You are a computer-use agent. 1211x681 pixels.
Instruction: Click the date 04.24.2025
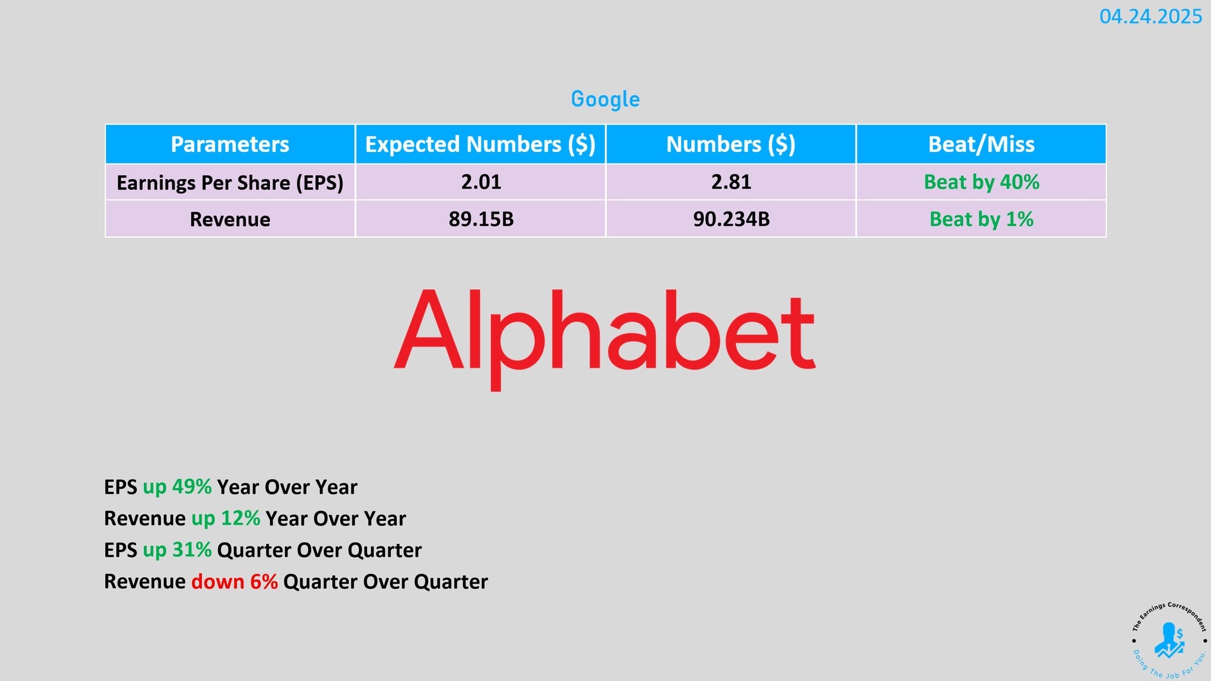pos(1150,17)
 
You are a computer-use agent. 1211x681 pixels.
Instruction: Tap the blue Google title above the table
pos(605,99)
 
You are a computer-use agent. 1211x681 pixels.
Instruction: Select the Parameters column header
pos(230,144)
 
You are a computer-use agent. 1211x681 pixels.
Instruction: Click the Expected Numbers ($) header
pos(480,144)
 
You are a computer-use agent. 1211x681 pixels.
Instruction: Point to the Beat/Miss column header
pos(982,144)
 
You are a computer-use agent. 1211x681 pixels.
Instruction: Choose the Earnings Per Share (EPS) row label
pos(230,183)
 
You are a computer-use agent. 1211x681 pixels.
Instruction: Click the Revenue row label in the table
pos(230,219)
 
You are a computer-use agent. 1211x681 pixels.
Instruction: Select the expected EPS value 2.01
pos(481,182)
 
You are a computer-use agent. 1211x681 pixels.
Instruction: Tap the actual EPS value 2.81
pos(731,182)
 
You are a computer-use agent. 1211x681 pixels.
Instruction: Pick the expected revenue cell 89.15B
pos(481,219)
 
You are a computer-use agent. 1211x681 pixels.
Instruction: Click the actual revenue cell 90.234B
pos(731,219)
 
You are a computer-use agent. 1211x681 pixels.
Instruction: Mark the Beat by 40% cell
pos(982,182)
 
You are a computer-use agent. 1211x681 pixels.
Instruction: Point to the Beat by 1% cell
pos(982,219)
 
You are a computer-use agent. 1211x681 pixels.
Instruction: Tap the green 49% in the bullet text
pos(192,487)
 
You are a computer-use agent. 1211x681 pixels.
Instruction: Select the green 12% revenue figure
pos(240,518)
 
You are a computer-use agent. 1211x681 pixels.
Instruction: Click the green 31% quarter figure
pos(192,550)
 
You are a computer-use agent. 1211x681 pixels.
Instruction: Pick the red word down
pos(218,582)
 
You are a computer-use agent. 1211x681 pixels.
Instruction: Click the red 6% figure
pos(264,582)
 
